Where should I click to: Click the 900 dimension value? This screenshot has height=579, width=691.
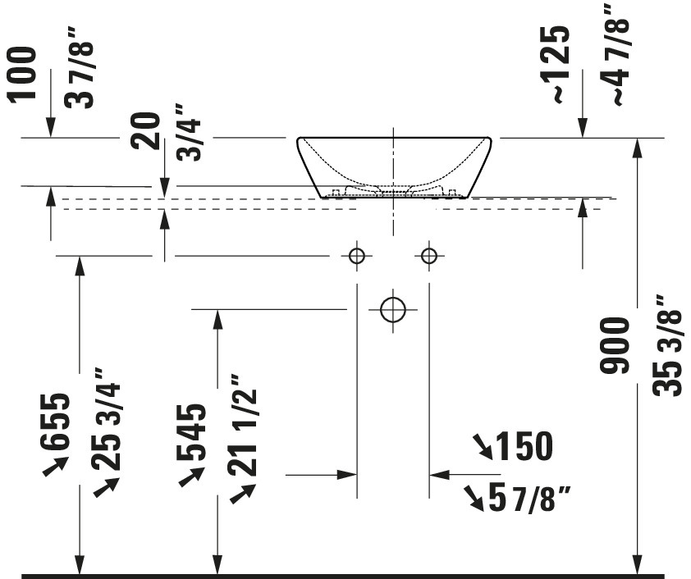click(615, 344)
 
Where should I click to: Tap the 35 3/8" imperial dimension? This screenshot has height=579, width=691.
click(669, 345)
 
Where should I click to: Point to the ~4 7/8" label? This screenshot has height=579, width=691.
click(615, 55)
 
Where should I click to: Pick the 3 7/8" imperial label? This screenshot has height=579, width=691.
click(80, 68)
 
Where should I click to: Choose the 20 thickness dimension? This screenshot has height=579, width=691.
click(146, 131)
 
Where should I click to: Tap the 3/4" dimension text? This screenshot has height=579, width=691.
click(189, 133)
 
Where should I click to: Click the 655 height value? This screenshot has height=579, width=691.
click(54, 422)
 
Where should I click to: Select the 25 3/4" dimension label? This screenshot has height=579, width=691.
click(106, 420)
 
